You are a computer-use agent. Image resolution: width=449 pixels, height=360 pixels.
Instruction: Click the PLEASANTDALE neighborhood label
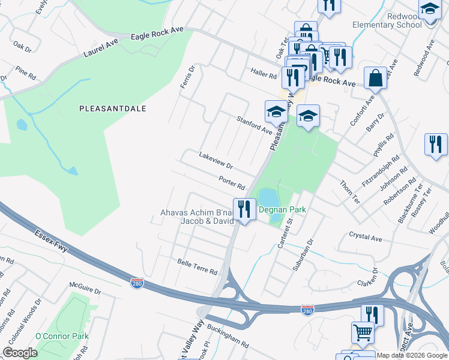[113, 109]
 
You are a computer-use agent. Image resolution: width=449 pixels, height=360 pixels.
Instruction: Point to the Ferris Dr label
[188, 77]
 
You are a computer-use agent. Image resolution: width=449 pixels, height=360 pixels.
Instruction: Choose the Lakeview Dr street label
[215, 160]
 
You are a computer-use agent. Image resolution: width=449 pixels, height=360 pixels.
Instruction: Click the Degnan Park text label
[282, 209]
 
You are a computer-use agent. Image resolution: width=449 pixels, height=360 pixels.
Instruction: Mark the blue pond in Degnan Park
[268, 197]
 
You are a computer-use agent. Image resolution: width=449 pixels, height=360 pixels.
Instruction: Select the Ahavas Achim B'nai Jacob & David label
[197, 216]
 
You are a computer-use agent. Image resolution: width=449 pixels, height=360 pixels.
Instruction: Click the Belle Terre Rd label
[197, 267]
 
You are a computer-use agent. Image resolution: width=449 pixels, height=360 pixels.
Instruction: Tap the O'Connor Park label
[62, 336]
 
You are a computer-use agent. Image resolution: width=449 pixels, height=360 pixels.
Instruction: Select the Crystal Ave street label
[366, 238]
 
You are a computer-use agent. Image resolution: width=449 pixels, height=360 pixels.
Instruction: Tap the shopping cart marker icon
[363, 331]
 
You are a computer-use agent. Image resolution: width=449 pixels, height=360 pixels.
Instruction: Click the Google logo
[20, 353]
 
